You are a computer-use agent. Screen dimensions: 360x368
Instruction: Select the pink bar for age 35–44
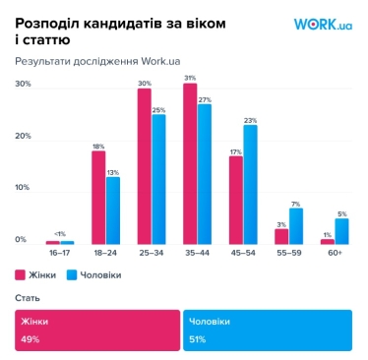click(190, 164)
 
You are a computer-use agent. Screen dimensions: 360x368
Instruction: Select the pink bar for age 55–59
click(281, 236)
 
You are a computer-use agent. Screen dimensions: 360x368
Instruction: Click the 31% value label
click(190, 78)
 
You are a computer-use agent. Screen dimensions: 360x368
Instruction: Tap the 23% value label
click(250, 119)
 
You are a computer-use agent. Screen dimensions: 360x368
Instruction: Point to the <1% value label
click(59, 233)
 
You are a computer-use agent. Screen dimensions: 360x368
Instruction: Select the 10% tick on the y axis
click(21, 187)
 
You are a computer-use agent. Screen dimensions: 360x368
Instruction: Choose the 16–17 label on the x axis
click(59, 253)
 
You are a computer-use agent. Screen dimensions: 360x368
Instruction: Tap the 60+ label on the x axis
click(334, 253)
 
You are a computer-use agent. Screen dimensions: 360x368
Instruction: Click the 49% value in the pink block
click(29, 338)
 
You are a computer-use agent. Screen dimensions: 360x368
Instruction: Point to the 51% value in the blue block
click(196, 338)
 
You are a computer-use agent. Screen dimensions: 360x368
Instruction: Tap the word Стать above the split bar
click(28, 297)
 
